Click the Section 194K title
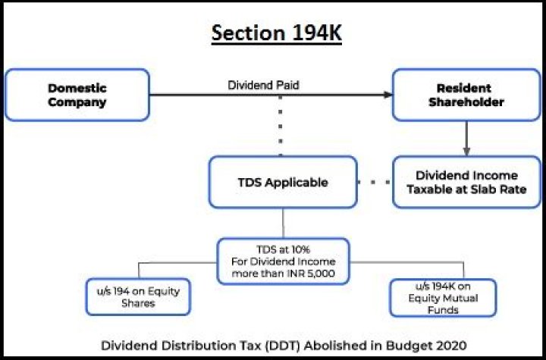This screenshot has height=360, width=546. (x=273, y=33)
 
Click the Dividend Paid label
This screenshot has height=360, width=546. (x=263, y=85)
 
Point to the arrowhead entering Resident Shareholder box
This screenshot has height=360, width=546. (x=388, y=95)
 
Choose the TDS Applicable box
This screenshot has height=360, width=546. (x=282, y=182)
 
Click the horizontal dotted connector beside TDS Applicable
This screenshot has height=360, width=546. (x=375, y=182)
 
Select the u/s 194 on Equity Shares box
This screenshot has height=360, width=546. (x=137, y=296)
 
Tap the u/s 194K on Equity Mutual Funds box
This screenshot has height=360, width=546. (x=442, y=297)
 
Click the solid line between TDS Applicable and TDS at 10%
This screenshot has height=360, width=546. (x=282, y=223)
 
